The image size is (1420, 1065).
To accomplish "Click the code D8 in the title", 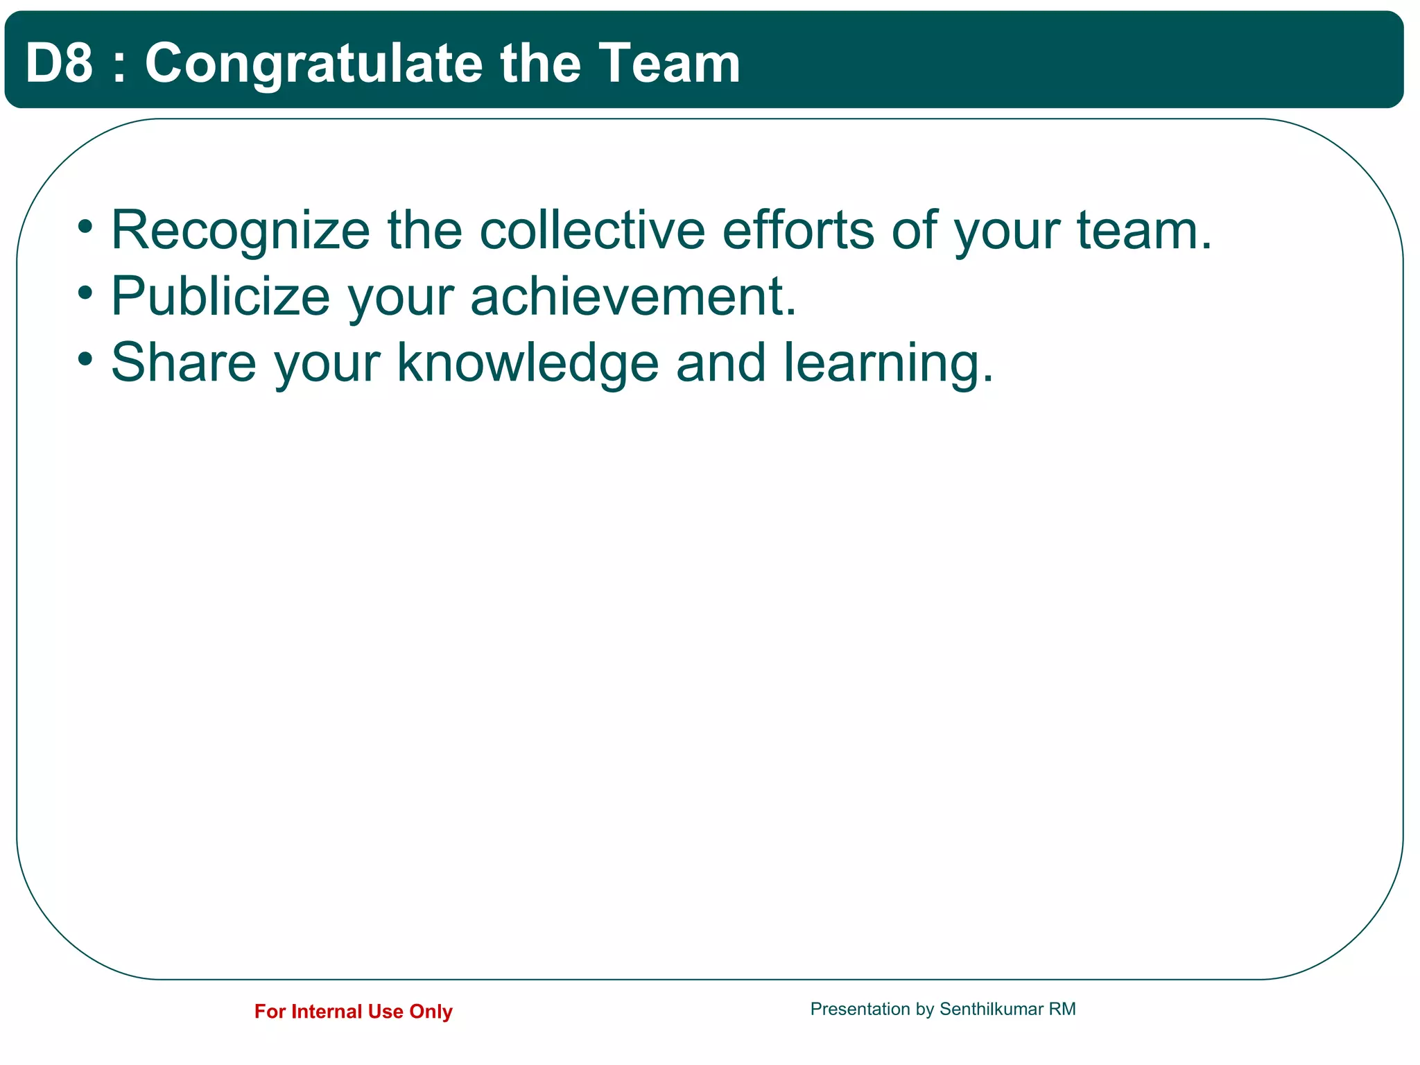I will tap(59, 63).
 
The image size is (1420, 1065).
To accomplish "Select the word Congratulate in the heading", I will tap(313, 63).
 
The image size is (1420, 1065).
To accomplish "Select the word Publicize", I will tap(220, 296).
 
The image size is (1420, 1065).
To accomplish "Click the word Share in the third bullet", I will tap(184, 362).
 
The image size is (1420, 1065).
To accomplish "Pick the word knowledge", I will tap(528, 362).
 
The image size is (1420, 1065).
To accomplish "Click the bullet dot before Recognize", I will tap(85, 226).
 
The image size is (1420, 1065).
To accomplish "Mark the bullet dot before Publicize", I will tap(85, 293).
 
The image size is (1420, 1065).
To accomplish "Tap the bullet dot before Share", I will tap(85, 359).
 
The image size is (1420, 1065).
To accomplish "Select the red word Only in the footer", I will tap(431, 1012).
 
